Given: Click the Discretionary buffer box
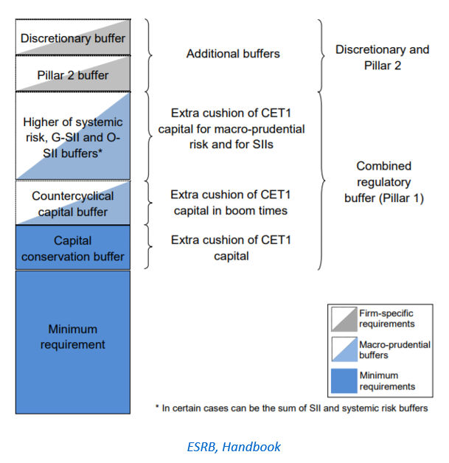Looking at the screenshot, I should (73, 38).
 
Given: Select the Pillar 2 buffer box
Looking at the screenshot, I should (73, 74).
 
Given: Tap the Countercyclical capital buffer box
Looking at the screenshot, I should (73, 204).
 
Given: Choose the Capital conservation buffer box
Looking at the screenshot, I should (73, 248).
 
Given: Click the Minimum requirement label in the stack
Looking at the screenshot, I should (73, 336).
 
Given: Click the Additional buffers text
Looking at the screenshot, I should (233, 54).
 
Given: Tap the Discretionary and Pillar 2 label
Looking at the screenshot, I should (382, 57).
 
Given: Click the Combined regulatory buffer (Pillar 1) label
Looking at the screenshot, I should (383, 182).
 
